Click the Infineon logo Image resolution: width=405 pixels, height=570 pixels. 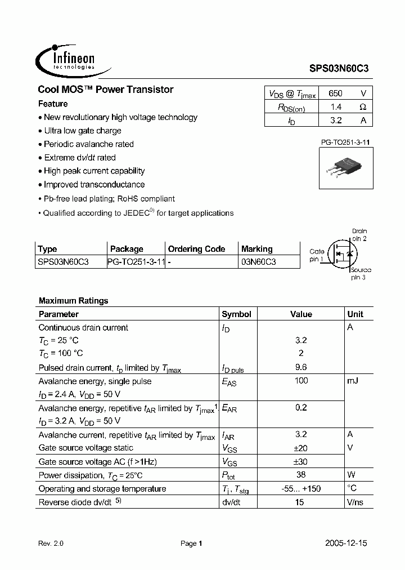66,59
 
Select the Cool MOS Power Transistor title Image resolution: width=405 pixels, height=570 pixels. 105,90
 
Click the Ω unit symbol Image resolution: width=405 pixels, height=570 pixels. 363,107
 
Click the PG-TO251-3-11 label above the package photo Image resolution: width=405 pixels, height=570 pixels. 341,143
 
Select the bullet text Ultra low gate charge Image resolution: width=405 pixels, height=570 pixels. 83,131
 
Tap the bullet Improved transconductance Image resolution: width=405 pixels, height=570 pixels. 94,184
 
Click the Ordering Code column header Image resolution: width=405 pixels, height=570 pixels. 196,249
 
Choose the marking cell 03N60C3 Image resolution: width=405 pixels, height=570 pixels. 258,262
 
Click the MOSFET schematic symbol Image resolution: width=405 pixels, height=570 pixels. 341,254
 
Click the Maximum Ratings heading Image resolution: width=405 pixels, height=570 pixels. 73,301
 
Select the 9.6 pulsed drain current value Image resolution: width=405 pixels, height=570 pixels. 301,367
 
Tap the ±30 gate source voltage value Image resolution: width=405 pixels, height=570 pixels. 301,461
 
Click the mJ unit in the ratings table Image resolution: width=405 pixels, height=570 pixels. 353,381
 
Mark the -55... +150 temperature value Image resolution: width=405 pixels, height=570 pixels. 301,488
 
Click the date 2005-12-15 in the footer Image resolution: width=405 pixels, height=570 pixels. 346,544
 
